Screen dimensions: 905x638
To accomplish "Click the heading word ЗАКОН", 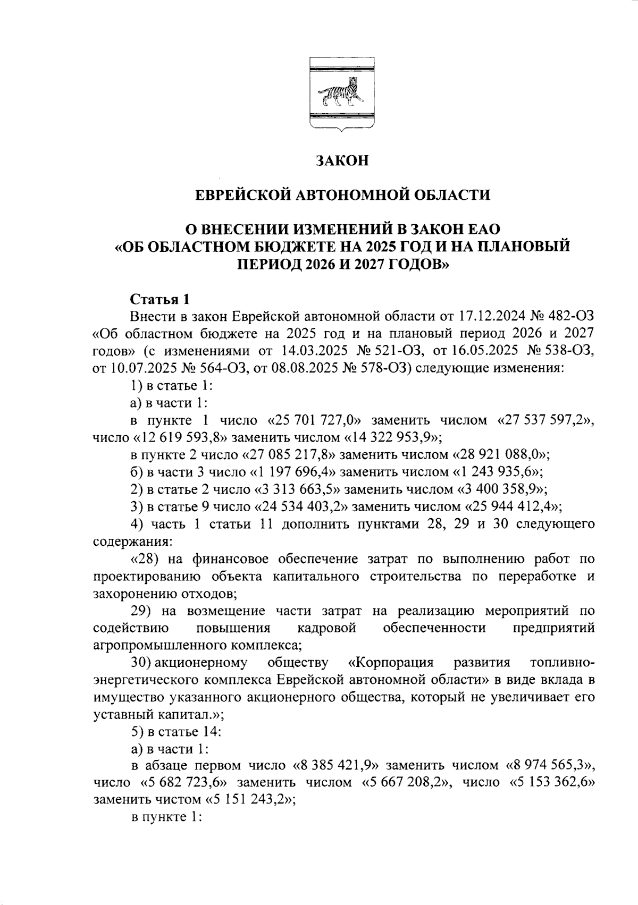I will tap(342, 161).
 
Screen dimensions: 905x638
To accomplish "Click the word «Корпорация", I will tap(391, 663).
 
